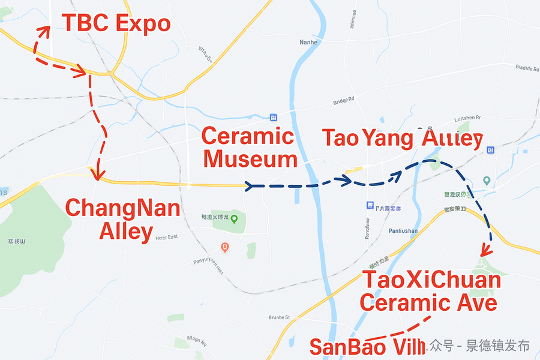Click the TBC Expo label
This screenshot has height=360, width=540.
[116, 24]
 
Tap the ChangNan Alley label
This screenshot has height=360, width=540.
[123, 220]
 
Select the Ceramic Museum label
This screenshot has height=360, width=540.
[250, 148]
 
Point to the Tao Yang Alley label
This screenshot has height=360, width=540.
[402, 138]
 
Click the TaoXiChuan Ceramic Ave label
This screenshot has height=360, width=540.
[431, 292]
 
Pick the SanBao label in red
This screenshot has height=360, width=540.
[366, 347]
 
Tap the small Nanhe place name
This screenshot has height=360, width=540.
[308, 42]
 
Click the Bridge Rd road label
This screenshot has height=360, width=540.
[344, 100]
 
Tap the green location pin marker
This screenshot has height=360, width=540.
[235, 219]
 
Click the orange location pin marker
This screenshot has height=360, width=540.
[224, 247]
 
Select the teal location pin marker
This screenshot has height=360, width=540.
[487, 181]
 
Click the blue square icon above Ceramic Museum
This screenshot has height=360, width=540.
[274, 117]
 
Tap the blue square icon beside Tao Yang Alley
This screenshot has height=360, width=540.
[490, 149]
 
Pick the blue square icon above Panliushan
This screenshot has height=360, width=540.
[370, 206]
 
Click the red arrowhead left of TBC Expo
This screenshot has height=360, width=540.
[44, 30]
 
